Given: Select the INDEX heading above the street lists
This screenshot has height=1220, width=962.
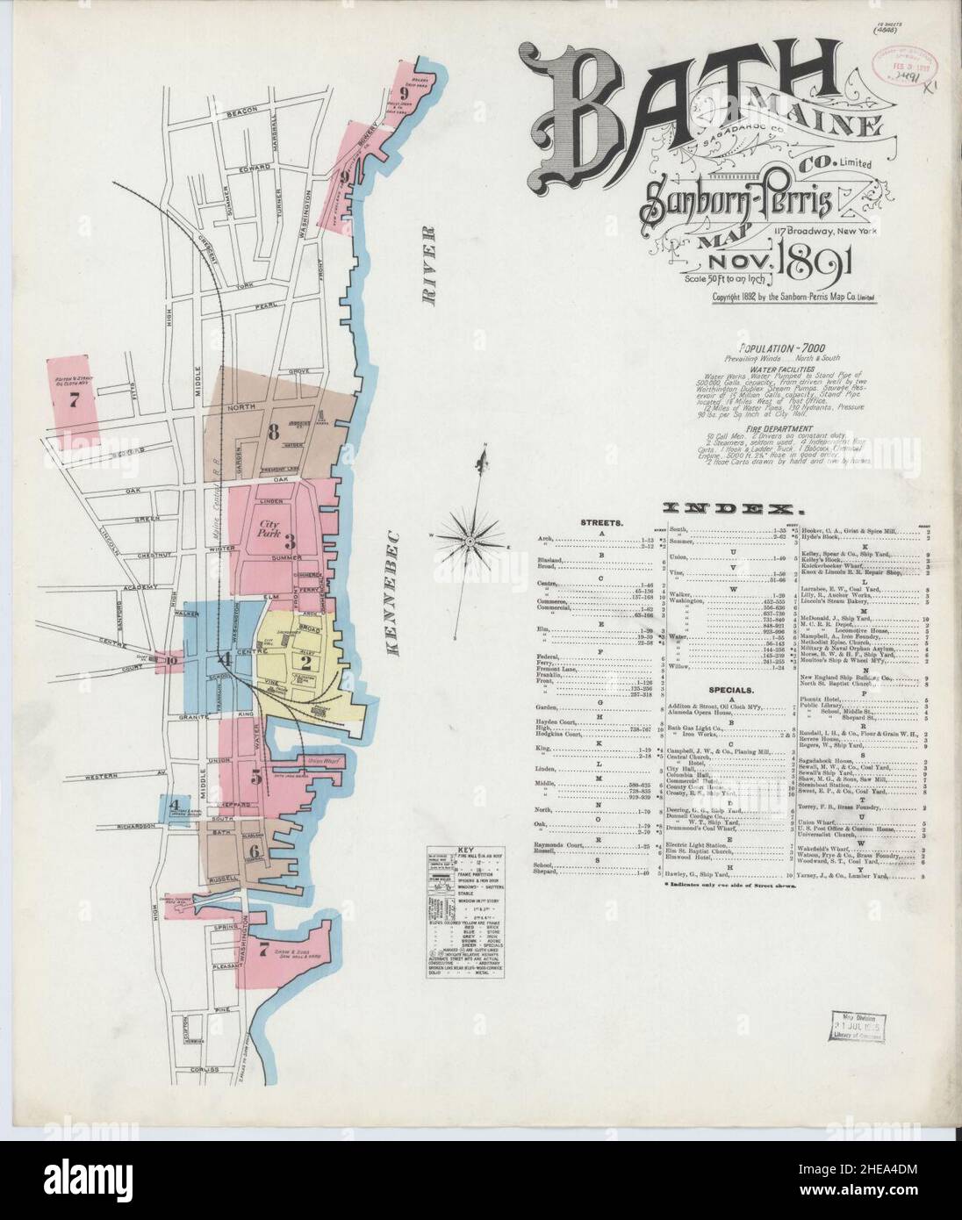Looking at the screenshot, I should click(729, 508).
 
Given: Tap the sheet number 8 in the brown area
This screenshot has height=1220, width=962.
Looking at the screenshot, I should click(274, 431).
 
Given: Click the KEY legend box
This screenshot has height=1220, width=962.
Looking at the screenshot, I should click(451, 909).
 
